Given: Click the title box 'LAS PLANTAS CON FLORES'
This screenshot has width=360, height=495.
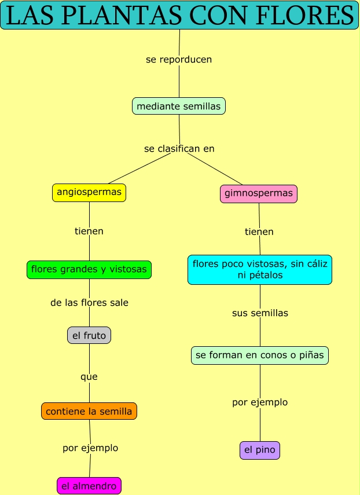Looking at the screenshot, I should point(179,16).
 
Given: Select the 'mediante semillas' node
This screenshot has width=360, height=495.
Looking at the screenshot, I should point(179,107).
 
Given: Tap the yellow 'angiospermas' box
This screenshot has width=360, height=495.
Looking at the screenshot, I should point(89,192).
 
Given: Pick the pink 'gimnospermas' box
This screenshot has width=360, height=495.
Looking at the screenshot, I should point(259,193).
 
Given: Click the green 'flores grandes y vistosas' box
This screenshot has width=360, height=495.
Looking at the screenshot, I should point(89,270).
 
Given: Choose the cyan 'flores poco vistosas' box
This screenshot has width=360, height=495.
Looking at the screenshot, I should point(260,270).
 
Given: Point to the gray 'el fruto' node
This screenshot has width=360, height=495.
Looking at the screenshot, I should point(89,335).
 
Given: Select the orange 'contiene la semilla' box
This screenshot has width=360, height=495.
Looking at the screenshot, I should point(89,412).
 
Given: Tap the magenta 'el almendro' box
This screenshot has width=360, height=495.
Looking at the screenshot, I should point(89,486).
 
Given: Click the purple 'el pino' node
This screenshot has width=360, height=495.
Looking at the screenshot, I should point(260,450).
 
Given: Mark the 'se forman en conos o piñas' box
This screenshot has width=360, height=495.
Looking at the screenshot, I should point(260,355).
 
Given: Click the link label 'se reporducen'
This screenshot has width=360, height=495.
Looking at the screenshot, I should point(179,60).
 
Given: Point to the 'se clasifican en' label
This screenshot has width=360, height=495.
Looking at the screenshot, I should point(179,149).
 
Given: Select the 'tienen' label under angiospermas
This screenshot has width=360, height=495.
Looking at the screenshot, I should point(89,231).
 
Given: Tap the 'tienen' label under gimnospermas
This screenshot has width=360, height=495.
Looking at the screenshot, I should point(259,232).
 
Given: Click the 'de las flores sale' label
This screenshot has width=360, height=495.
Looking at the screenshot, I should point(89,303).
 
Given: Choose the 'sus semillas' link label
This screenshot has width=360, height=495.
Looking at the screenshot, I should point(260,313).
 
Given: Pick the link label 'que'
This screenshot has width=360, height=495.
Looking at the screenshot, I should point(89,377).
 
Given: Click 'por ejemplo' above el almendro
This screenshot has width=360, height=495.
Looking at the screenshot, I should point(90,448).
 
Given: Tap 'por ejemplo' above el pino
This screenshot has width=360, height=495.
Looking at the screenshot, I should point(260,402).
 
